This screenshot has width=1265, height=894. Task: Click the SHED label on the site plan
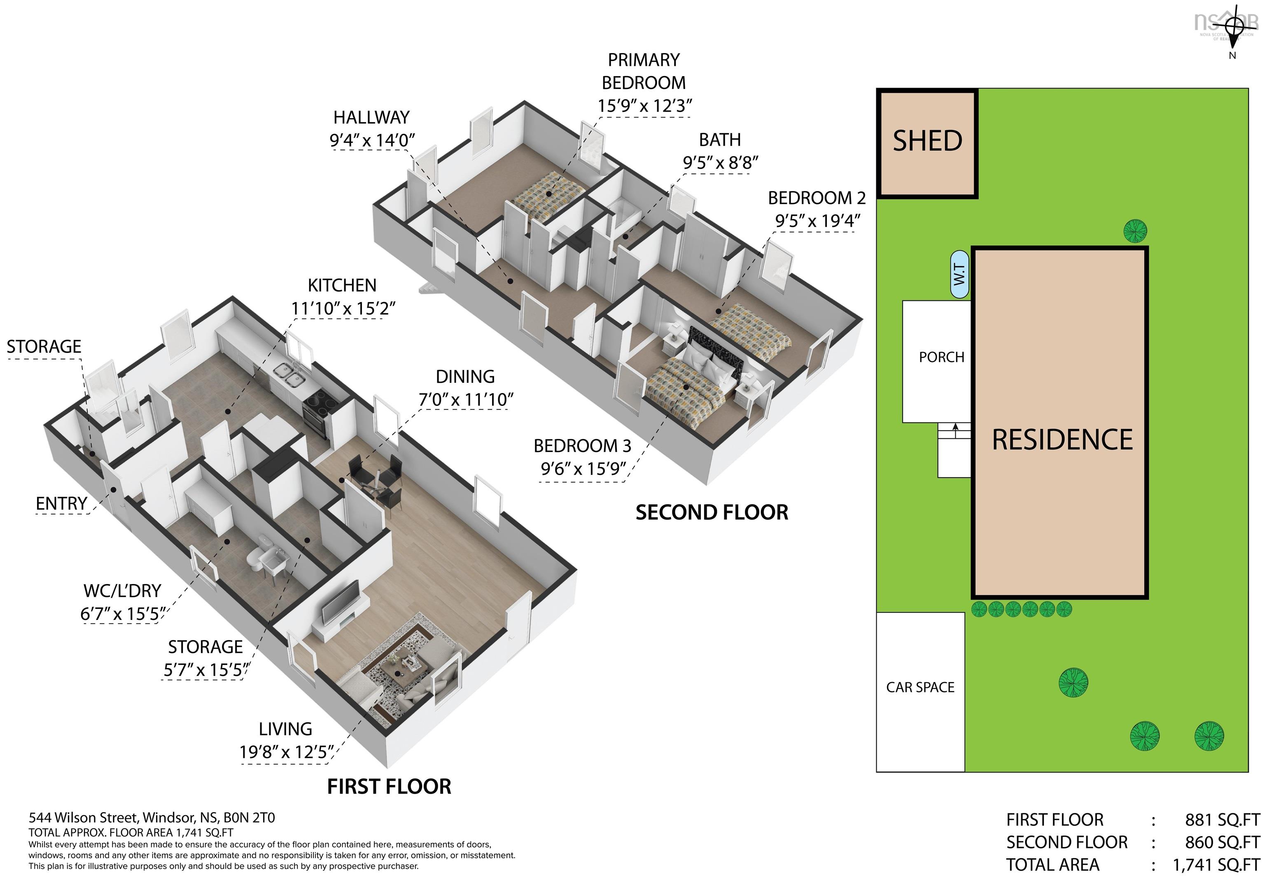[x=927, y=141]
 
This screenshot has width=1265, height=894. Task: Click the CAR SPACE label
[x=920, y=687]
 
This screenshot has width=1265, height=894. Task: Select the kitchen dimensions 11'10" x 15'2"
[x=343, y=308]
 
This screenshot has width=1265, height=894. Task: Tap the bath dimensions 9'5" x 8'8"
[x=720, y=163]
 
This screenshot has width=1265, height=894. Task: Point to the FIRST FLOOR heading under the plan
[x=389, y=787]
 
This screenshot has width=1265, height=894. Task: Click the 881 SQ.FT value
[x=1222, y=819]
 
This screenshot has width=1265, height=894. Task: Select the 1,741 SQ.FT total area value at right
[x=1216, y=865]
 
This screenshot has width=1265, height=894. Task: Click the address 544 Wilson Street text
[x=152, y=817]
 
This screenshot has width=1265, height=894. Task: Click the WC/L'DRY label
[x=122, y=591]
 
